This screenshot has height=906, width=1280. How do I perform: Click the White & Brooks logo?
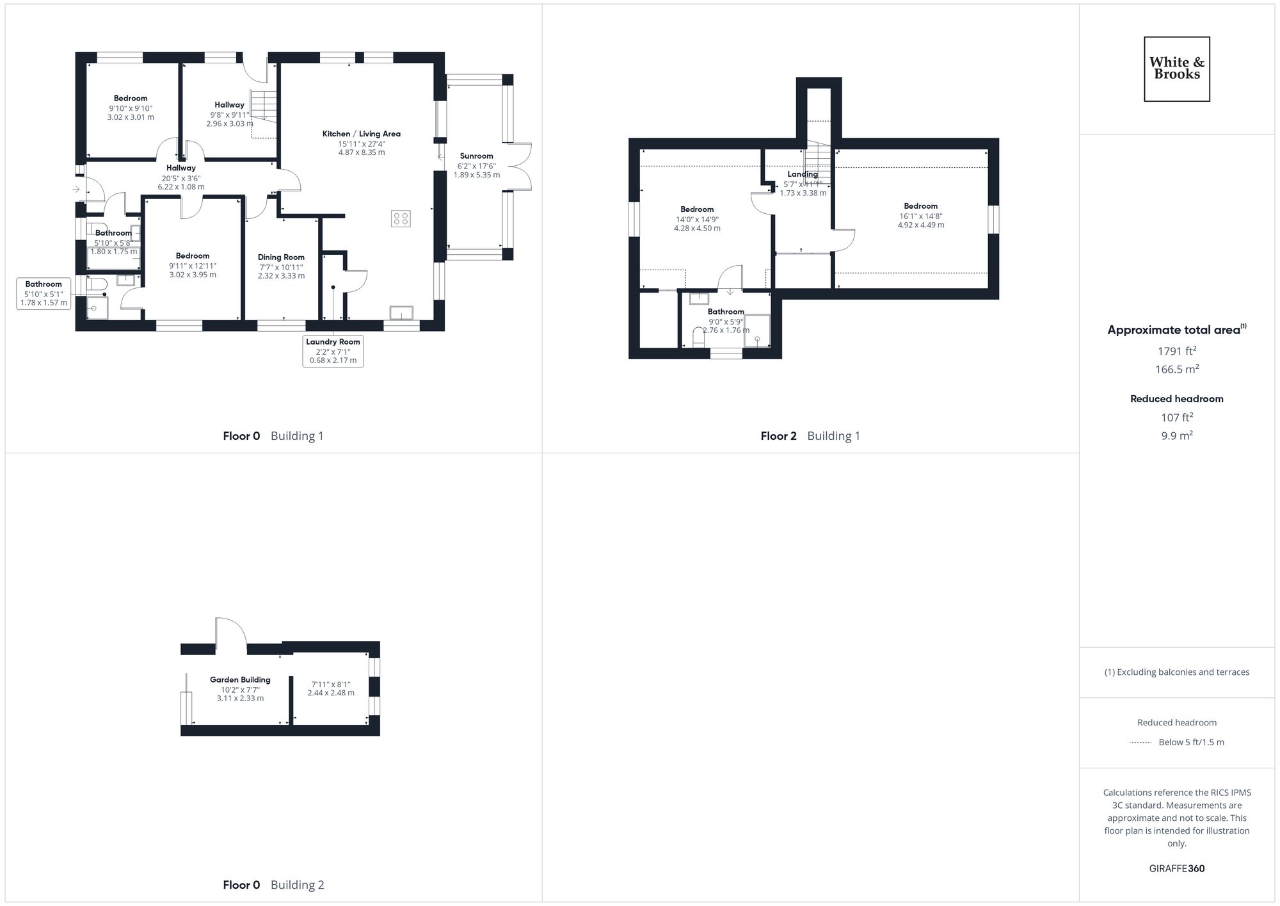[x=1176, y=69]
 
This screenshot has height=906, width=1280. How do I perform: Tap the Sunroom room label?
[x=476, y=156]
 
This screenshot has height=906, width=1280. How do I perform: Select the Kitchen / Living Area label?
[x=361, y=134]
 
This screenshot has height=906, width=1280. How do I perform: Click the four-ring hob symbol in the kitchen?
[x=401, y=218]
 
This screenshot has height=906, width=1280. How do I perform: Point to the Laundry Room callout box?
[x=333, y=351]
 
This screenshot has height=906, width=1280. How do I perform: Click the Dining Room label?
[x=281, y=257]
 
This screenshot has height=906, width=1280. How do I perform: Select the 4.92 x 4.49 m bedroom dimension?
[x=920, y=225]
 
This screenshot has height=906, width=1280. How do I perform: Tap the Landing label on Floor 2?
[x=802, y=174]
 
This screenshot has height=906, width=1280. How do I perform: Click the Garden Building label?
[x=240, y=680]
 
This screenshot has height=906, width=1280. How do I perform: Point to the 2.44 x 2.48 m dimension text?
[x=330, y=693]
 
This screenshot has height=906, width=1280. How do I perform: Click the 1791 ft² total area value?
[x=1176, y=351]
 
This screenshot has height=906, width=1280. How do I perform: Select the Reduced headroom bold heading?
[x=1176, y=399]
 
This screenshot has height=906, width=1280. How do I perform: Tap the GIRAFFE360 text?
[x=1176, y=869]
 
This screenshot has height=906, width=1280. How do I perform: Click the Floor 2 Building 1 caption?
[x=810, y=436]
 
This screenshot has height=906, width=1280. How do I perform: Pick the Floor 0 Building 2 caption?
[x=273, y=885]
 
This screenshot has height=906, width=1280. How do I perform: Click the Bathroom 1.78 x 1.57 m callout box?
[x=44, y=293]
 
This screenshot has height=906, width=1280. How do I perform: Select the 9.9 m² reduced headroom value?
[x=1176, y=435]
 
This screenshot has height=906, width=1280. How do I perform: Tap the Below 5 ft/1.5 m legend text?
[x=1191, y=742]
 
